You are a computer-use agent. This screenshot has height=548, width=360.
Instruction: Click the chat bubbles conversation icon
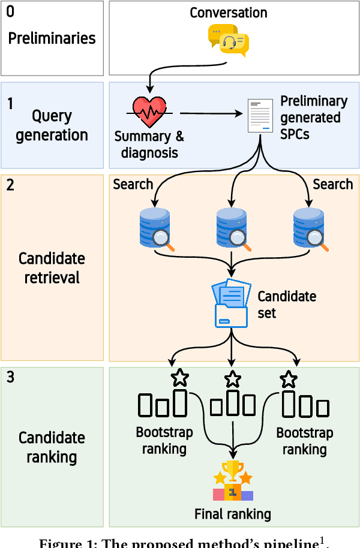click(229, 41)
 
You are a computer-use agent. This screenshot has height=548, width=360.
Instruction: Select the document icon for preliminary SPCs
click(259, 115)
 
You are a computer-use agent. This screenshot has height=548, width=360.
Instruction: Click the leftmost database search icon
click(155, 228)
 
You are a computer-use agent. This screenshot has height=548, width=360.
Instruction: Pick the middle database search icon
click(232, 228)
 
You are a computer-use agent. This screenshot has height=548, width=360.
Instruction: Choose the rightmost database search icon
click(309, 228)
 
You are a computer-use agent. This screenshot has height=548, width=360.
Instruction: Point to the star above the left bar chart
click(179, 378)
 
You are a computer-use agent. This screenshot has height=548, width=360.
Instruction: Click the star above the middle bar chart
click(232, 379)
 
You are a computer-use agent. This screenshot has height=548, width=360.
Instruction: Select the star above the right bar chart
click(289, 379)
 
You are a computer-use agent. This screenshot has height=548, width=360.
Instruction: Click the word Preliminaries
click(52, 38)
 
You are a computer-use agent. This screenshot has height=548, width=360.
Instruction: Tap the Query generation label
click(52, 125)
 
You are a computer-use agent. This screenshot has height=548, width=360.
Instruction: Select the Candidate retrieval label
click(52, 268)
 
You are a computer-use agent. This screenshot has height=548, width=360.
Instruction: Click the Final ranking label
click(232, 514)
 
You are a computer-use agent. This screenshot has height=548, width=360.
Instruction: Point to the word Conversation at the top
click(228, 13)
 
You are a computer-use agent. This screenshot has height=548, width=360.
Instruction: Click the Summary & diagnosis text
click(149, 144)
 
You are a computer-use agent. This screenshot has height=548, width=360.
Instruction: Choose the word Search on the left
click(133, 184)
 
